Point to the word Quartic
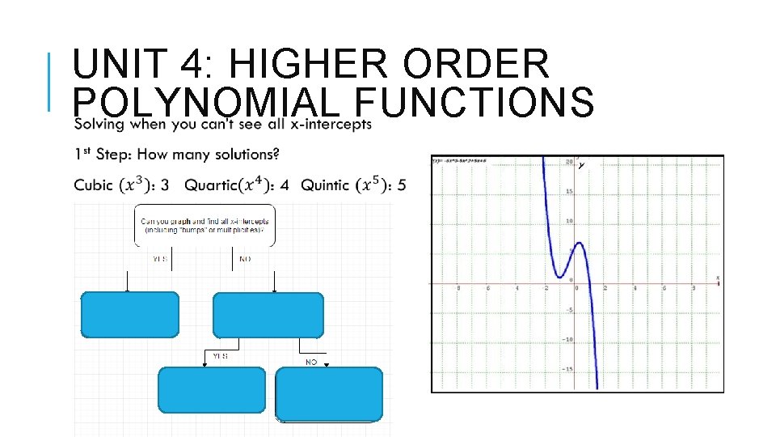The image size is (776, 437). [211, 185]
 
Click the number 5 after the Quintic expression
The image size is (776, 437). [402, 185]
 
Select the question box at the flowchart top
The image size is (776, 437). [204, 225]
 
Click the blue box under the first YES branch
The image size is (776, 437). [129, 315]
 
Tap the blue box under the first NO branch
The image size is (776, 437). [268, 315]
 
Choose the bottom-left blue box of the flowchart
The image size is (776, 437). [212, 390]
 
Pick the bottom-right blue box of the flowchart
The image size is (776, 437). [328, 394]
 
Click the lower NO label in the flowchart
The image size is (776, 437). [311, 363]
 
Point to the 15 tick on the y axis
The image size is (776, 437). [569, 192]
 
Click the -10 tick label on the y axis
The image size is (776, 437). [568, 339]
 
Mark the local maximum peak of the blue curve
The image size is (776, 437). [576, 242]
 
